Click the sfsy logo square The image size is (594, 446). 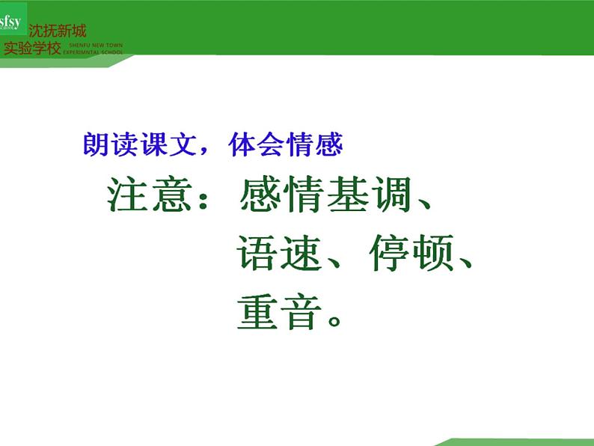pyautogui.click(x=13, y=22)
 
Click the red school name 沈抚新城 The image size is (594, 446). pyautogui.click(x=57, y=31)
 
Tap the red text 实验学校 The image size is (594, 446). pyautogui.click(x=32, y=49)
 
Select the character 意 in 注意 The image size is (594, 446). pyautogui.click(x=173, y=195)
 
